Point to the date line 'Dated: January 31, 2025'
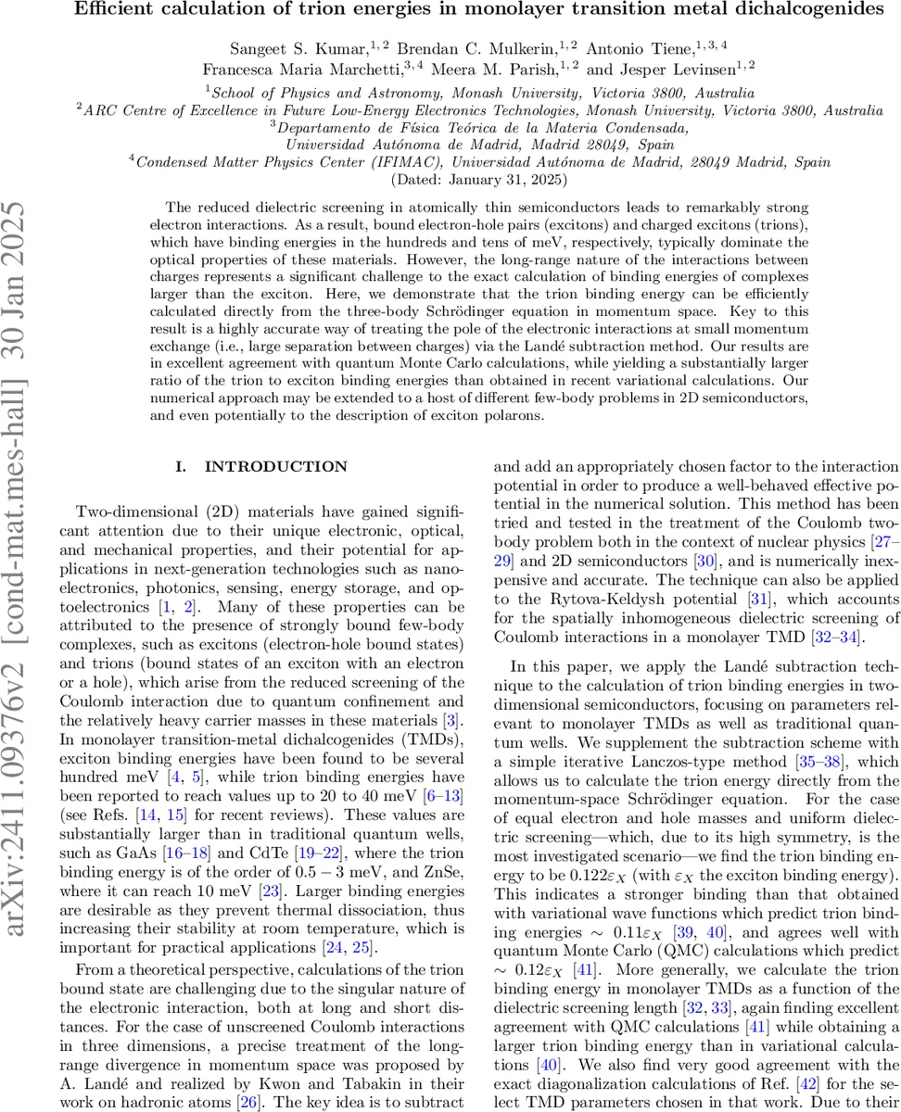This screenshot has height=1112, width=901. [x=450, y=178]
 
